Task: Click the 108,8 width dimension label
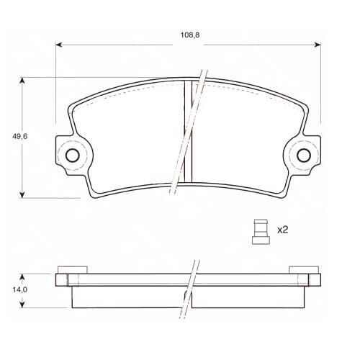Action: point(190,35)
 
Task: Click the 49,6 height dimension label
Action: point(20,136)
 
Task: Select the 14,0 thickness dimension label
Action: point(20,289)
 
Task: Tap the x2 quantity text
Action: point(282,230)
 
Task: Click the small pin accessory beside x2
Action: point(261,232)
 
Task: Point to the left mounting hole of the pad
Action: point(72,156)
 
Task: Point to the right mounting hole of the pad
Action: point(304,156)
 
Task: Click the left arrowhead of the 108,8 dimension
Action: point(59,45)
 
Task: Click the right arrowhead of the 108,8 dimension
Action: point(318,45)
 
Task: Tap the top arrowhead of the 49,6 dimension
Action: point(22,81)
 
